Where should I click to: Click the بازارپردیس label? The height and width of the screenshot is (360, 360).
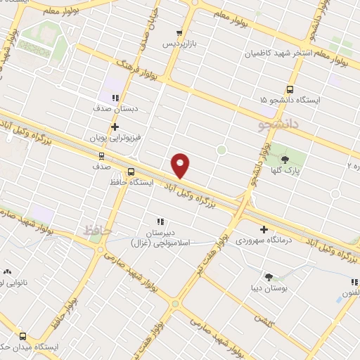coord(178,44)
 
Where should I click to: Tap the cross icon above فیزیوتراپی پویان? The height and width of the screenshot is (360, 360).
coord(115,127)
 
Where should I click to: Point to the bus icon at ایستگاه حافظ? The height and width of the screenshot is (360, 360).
coord(131,172)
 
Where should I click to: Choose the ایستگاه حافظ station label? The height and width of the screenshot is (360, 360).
coord(127,182)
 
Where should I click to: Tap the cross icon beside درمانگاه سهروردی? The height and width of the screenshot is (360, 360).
coord(264,229)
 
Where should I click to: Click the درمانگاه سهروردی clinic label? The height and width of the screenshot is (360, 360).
coord(278,241)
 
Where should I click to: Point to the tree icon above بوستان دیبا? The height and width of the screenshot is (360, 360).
coord(268,276)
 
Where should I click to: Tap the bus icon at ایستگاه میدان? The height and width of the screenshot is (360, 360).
coord(23,336)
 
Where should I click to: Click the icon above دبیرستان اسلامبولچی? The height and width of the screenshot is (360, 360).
coord(160,221)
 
